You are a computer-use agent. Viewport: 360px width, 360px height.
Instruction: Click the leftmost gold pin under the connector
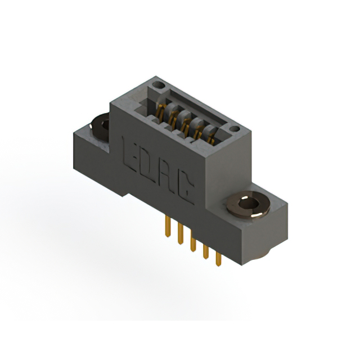(168, 227)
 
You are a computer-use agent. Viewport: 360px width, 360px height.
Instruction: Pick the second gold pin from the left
(181, 234)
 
